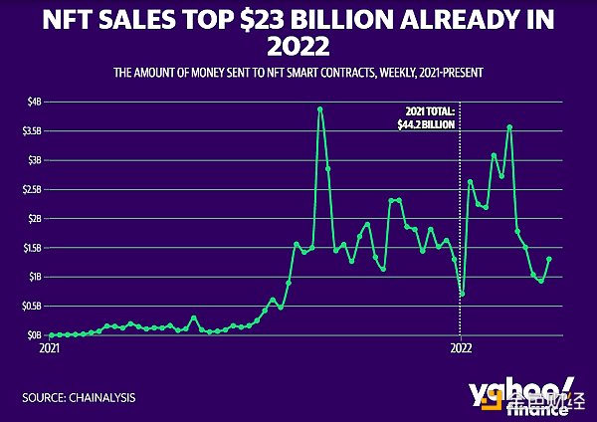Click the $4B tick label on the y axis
coord(35,102)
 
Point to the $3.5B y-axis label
coord(32,130)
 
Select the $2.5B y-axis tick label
coord(32,189)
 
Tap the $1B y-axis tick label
coord(35,277)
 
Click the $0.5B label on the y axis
coord(32,306)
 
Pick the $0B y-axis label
coord(35,335)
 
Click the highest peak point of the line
coord(319,108)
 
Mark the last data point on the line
coord(549,259)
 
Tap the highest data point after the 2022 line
coord(509,126)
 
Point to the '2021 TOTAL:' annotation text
coord(428,113)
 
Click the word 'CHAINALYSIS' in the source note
coord(102,399)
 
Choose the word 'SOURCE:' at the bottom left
coord(44,399)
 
